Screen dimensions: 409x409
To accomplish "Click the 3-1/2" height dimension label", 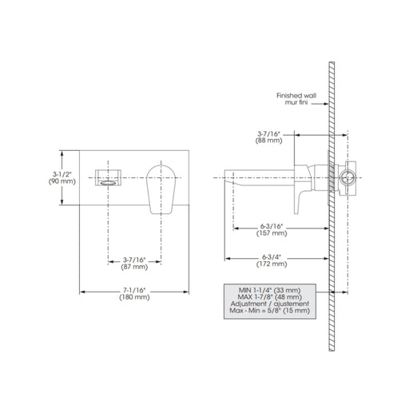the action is click(x=62, y=174).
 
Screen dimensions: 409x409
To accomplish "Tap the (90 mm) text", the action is click(x=62, y=181).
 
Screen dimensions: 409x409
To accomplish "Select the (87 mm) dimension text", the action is click(x=134, y=267).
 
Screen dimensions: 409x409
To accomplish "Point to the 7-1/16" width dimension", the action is click(x=134, y=290).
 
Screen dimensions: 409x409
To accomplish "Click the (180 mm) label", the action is click(x=134, y=297).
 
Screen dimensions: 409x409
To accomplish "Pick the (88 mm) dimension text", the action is click(x=269, y=141).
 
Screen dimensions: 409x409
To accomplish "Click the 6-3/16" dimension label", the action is click(x=272, y=226).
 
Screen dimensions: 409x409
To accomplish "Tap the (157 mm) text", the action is click(x=272, y=233).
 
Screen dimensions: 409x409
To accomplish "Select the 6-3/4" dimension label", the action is click(x=272, y=257).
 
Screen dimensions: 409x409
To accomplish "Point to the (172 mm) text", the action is click(x=272, y=264).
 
